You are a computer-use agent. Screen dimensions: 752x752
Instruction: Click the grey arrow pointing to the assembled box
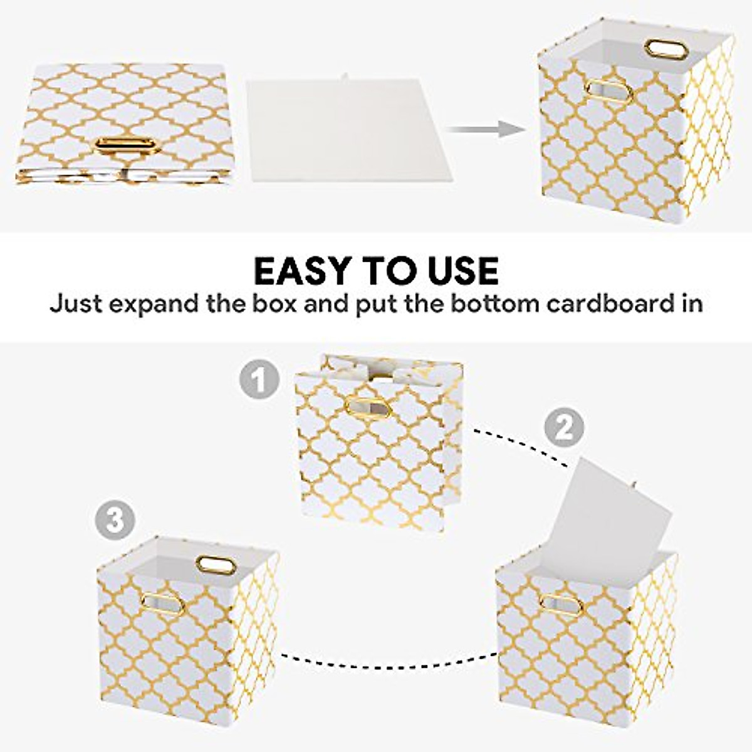coord(485,130)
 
